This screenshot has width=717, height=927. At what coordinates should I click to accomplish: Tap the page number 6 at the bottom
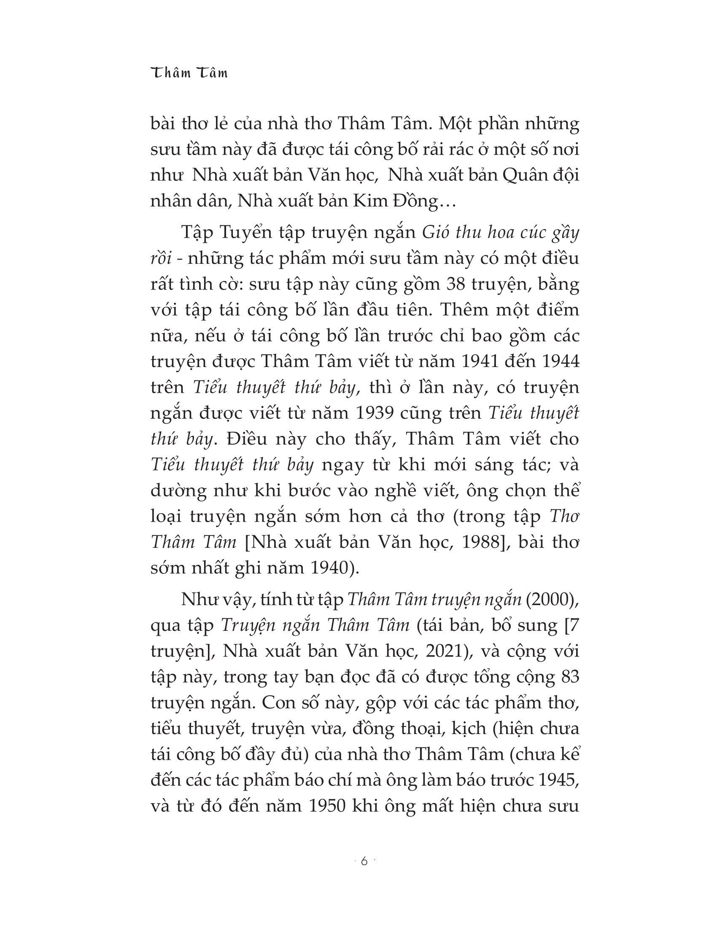tap(364, 861)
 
